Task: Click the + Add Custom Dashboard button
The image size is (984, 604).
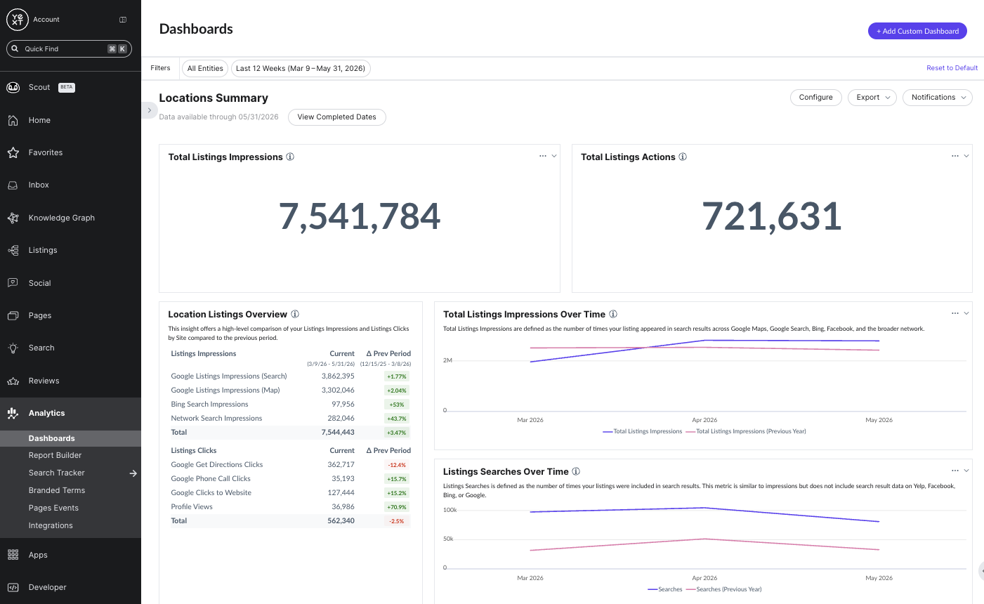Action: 917,31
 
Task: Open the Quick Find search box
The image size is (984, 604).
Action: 69,48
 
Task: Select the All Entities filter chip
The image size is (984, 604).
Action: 204,69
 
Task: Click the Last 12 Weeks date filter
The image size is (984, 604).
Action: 301,69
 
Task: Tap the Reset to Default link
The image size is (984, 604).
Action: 952,68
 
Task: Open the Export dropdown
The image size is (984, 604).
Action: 872,98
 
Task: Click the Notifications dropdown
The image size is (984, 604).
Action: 938,98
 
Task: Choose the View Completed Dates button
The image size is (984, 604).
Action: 337,117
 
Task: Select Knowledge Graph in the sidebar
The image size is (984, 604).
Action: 62,218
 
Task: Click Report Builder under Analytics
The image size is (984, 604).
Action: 55,456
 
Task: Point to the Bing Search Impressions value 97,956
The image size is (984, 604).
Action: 343,404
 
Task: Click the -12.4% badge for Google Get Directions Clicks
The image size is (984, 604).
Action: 397,465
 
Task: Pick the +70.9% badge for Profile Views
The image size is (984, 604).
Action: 397,507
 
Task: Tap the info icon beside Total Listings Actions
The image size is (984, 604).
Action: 683,157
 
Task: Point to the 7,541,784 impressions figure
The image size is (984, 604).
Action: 360,216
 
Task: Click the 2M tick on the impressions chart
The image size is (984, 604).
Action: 447,360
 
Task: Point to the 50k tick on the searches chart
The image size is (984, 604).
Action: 448,539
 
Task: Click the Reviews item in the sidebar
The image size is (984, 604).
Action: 44,381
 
